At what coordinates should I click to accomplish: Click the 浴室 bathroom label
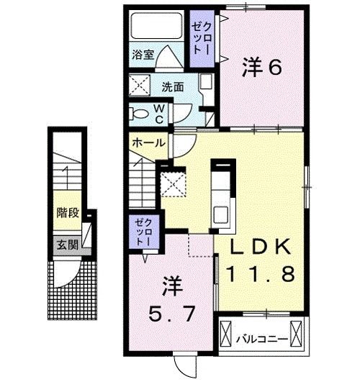pos(141,55)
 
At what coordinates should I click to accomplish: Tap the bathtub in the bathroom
pos(156,28)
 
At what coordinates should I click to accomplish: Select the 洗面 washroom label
pos(172,86)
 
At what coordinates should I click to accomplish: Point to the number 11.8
pos(261,273)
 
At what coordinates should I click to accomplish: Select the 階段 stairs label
pos(68,213)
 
